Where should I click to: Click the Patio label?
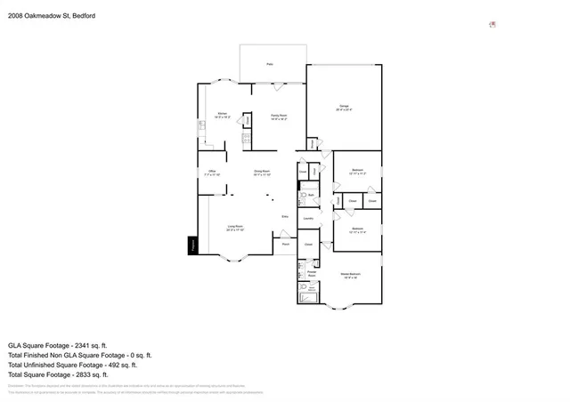point(270,64)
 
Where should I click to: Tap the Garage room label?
point(344,108)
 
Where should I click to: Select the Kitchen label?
point(223,115)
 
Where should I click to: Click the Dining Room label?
point(261,173)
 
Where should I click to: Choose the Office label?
point(212,172)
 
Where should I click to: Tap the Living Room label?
point(236,228)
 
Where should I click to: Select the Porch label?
point(286,244)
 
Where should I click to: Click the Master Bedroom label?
point(350,275)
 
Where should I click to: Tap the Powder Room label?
point(313,274)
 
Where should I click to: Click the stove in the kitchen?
point(247,138)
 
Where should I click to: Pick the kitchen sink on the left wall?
point(202,125)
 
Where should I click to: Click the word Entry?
point(285,216)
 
